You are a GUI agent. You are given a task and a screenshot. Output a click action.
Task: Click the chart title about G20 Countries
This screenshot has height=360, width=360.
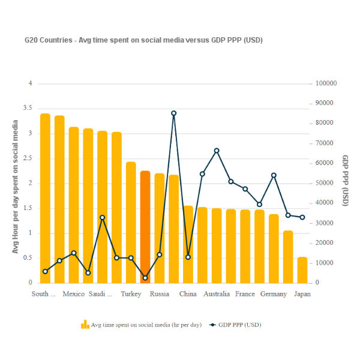click(x=143, y=40)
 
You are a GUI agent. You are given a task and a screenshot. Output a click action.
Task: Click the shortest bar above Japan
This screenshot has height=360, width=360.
click(x=302, y=270)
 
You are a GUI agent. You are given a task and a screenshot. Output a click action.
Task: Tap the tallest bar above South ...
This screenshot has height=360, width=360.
click(x=45, y=198)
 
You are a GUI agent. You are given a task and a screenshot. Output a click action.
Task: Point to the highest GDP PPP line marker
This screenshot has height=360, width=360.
click(x=174, y=113)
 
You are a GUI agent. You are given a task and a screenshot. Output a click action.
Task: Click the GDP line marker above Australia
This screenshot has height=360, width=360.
click(x=217, y=151)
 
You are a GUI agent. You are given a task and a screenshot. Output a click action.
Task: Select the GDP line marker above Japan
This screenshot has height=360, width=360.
click(x=302, y=217)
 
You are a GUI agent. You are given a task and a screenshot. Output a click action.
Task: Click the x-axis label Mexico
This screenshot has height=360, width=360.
click(x=74, y=294)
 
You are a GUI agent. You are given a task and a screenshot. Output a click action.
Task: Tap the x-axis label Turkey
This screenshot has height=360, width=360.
click(x=131, y=294)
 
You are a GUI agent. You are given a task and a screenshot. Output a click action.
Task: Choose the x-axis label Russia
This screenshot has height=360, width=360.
click(x=160, y=294)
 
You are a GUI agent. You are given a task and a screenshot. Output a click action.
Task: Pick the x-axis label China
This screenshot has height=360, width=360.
click(x=188, y=294)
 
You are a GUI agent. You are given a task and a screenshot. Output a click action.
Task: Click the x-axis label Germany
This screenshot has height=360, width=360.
click(x=274, y=294)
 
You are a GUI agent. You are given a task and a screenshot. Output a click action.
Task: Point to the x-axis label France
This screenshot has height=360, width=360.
click(x=245, y=294)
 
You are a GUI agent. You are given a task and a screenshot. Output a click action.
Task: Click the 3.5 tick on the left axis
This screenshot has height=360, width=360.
click(x=27, y=109)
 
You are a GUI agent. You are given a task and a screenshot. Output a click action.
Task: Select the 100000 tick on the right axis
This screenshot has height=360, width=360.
click(x=326, y=83)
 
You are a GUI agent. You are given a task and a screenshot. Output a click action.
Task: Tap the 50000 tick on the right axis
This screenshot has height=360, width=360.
click(x=324, y=183)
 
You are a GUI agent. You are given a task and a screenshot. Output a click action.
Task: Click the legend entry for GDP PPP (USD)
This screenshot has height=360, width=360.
click(x=235, y=325)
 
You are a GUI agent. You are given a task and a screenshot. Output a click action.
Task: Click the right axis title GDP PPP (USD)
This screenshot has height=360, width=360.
click(x=346, y=181)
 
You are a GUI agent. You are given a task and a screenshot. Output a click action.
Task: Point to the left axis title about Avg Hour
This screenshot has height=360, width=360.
click(x=16, y=186)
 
